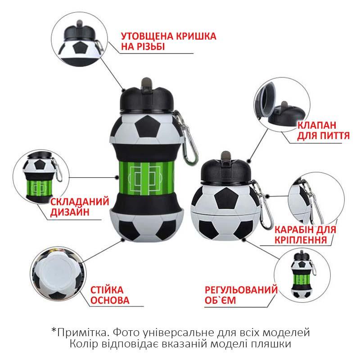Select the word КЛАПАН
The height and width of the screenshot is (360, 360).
coord(317,126)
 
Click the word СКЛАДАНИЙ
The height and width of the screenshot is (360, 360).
coord(80,202)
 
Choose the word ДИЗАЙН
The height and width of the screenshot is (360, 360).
coord(70,212)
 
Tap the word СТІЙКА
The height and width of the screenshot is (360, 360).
coord(107,290)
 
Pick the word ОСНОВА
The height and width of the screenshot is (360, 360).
coord(110,300)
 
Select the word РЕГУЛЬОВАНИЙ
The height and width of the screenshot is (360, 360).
coord(241,290)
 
